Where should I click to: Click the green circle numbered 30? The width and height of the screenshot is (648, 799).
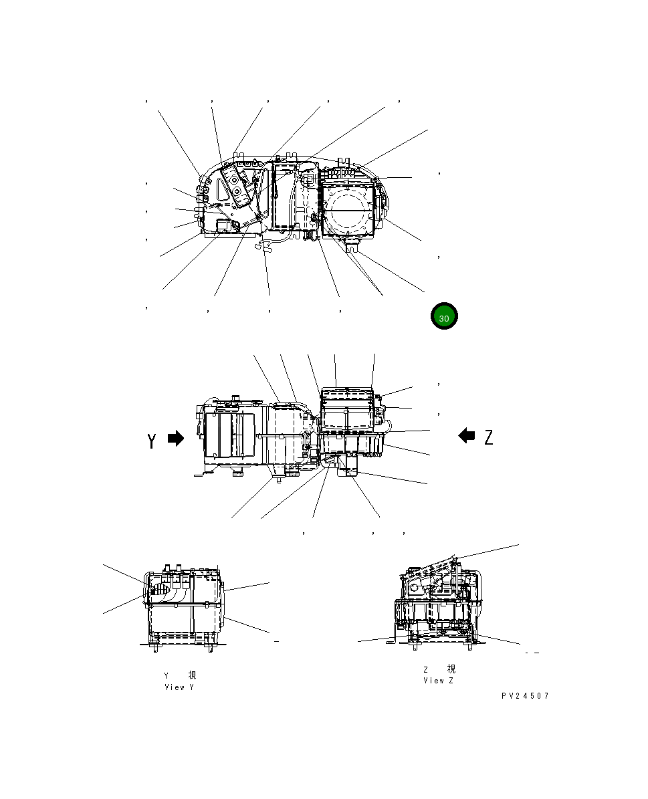coord(444,318)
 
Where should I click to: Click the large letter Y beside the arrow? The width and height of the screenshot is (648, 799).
coord(152,441)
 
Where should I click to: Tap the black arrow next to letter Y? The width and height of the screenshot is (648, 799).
coord(176,439)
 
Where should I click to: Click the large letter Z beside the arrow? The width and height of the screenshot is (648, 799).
coord(489,437)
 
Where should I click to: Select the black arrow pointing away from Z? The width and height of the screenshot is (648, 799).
coord(467,436)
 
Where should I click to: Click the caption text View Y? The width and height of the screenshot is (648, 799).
coord(179,687)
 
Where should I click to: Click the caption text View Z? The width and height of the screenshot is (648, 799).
coord(438,681)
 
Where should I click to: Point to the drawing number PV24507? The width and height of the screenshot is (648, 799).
coord(525,696)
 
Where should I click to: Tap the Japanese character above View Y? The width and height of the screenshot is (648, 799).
coord(192,675)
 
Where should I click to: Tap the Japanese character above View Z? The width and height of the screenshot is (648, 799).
coord(451,669)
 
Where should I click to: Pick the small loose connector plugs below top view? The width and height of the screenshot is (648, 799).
coord(261,247)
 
